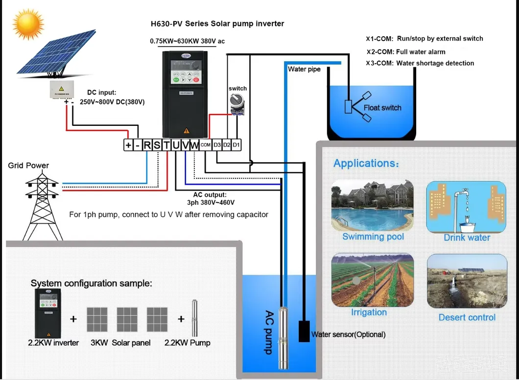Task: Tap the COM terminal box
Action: coord(206,145)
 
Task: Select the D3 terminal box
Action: coord(217,145)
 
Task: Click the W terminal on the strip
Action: coord(194,145)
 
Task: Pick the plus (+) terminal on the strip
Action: coord(128,145)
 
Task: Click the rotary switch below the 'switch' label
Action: coord(237,104)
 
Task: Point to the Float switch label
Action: coord(382,108)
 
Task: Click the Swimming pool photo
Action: coord(372,206)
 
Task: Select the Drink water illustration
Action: coord(466,207)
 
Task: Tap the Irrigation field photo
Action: coord(372,280)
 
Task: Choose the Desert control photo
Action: coord(466,281)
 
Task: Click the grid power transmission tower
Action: coord(43,203)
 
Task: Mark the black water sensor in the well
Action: coord(305,331)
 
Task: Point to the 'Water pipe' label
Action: coord(304,69)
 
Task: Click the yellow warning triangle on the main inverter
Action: coord(186,131)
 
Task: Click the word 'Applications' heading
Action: coord(366,163)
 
